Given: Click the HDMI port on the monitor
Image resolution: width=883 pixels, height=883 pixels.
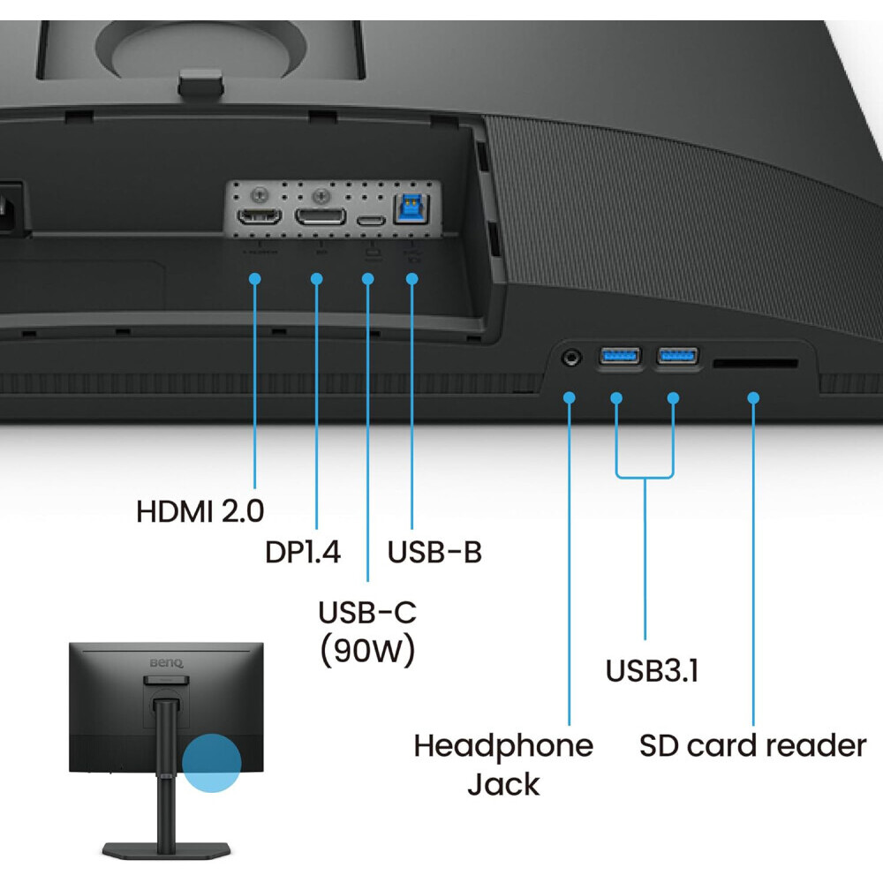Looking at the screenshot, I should (x=257, y=216).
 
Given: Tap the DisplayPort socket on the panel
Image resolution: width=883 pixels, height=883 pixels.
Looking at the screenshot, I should (x=320, y=216).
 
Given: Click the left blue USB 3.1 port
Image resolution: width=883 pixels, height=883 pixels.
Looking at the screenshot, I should (x=619, y=357).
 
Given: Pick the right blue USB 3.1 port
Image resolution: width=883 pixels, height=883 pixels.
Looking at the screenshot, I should (x=677, y=357).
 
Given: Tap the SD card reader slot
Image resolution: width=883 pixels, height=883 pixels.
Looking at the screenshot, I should (x=755, y=363).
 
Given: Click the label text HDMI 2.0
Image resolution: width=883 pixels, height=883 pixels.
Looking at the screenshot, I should (x=200, y=510).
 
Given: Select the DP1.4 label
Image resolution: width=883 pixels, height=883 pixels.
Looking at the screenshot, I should (x=303, y=552).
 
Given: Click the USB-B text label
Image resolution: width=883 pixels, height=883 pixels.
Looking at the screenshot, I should (x=434, y=552).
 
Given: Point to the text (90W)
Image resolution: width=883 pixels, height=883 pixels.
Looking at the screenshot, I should (x=367, y=651).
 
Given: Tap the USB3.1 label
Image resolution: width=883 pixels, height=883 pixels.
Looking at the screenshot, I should (x=652, y=671).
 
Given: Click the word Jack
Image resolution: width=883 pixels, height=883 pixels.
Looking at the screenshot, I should (x=503, y=784).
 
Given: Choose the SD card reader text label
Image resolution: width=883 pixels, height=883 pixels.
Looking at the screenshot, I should (x=753, y=746).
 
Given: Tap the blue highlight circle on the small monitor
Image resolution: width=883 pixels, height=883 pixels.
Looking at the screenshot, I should (x=212, y=760).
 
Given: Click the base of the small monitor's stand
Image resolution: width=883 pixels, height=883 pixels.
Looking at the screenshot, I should (x=166, y=849).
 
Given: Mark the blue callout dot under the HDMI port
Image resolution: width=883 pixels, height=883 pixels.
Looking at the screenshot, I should (x=255, y=279).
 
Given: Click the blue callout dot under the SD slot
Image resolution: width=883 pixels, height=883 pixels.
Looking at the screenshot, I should (x=753, y=397).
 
